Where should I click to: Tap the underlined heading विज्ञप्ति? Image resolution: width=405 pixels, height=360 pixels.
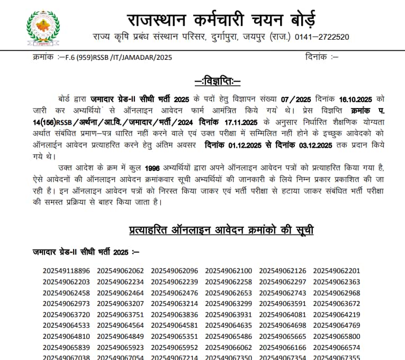(217, 81)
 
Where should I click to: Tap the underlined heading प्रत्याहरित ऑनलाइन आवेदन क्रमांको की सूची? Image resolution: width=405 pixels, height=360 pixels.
(221, 230)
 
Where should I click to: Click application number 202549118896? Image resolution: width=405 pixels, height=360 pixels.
(67, 271)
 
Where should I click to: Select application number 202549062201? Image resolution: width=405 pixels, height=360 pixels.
(337, 271)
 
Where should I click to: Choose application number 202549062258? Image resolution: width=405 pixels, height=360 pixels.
(229, 282)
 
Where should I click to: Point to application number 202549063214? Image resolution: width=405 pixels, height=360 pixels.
(175, 304)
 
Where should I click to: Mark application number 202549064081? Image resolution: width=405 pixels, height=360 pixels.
(283, 314)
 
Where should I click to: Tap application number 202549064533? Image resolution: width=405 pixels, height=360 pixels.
(67, 326)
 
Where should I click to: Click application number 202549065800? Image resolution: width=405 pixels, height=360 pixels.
(337, 336)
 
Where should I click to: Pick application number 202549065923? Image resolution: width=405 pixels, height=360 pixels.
(121, 347)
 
